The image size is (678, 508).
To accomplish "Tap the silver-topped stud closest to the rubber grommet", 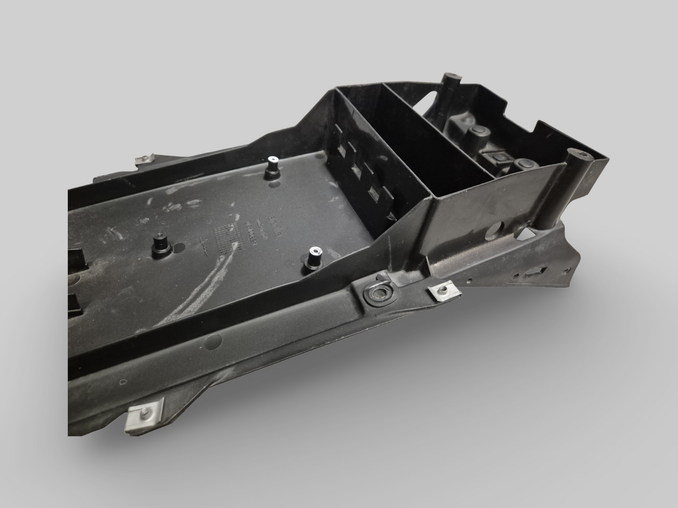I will pyautogui.click(x=313, y=258).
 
